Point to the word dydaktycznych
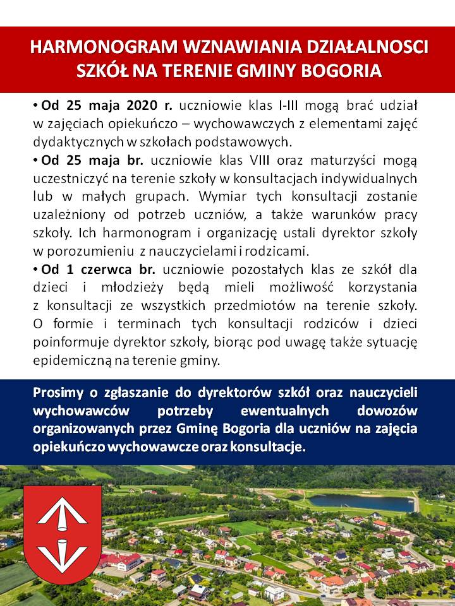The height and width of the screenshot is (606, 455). (x=73, y=140)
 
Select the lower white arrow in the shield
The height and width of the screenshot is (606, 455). (x=62, y=552)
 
